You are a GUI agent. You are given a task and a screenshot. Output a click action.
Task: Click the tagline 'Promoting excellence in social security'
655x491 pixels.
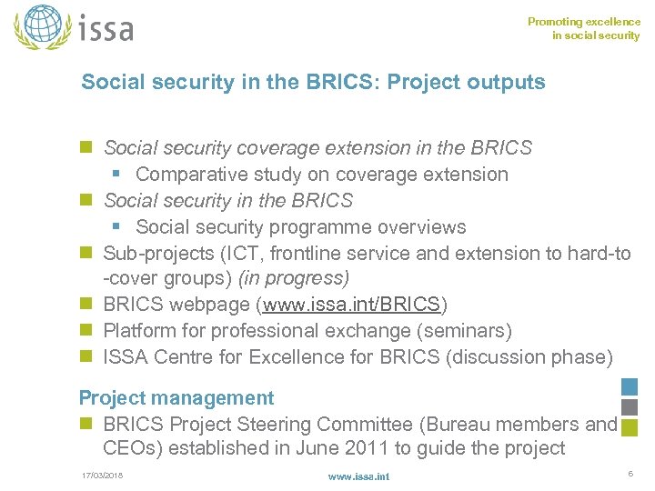click(x=584, y=29)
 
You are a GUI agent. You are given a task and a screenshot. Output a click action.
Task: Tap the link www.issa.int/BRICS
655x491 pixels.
click(x=352, y=304)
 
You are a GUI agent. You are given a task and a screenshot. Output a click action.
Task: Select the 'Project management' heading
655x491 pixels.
click(x=176, y=397)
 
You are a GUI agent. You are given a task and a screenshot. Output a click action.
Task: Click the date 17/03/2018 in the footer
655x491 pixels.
click(x=101, y=476)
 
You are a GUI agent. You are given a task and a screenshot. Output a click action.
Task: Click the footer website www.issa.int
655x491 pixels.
click(x=358, y=476)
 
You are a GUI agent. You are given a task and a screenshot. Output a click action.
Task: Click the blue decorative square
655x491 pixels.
click(x=629, y=387)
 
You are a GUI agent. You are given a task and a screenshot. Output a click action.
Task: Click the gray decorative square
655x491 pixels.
click(x=629, y=407)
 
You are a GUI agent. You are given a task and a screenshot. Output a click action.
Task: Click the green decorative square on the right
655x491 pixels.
click(x=629, y=427)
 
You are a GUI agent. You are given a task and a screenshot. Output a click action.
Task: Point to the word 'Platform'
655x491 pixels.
click(x=139, y=330)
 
